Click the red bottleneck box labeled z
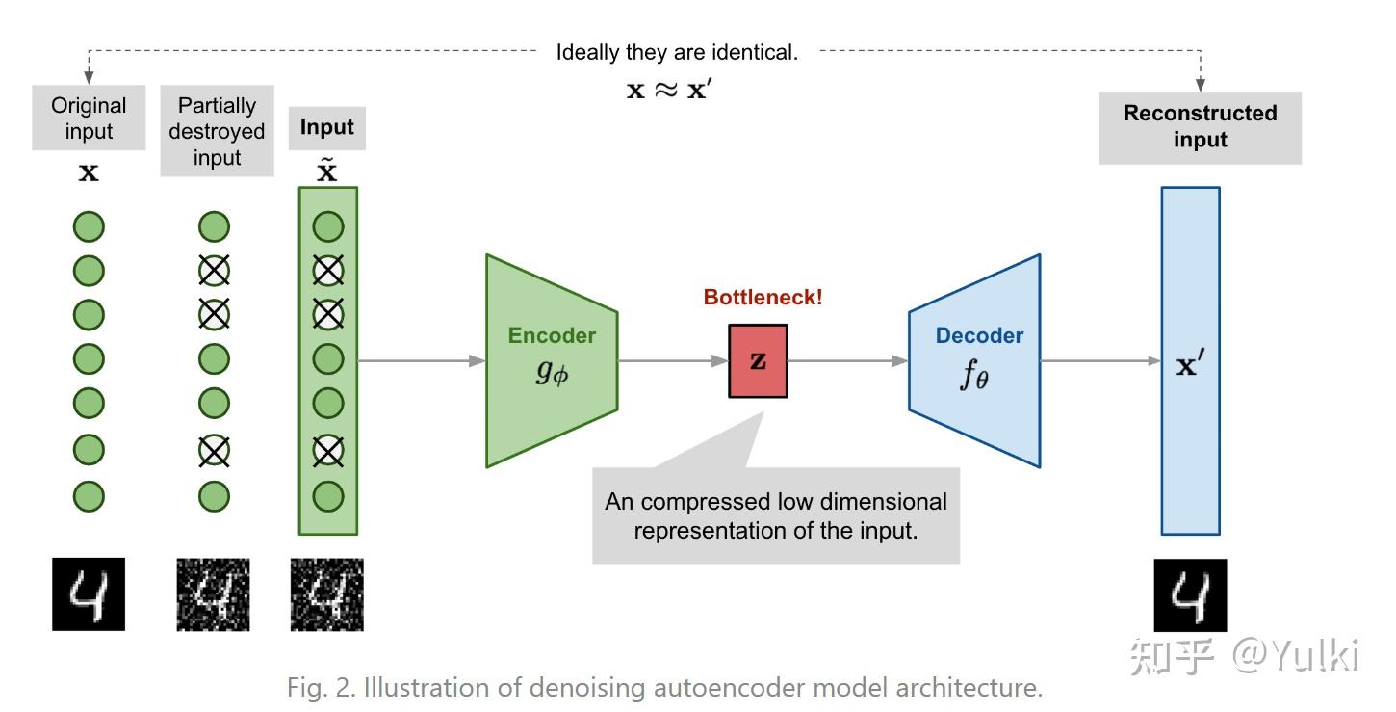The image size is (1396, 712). coord(758,361)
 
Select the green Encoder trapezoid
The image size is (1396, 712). coord(552,361)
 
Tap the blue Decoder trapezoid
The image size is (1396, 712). coord(975,361)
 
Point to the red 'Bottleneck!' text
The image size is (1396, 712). coord(763,297)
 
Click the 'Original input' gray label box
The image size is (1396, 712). coord(89,119)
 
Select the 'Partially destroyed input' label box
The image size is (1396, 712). coord(217,131)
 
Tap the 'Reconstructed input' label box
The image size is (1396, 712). coord(1200,126)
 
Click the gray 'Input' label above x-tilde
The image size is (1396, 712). coord(326,127)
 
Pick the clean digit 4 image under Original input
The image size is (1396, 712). coord(89,594)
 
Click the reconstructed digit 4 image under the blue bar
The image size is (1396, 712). coord(1190,594)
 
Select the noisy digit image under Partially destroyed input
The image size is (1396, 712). coord(213,594)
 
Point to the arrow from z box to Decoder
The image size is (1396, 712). coord(847,361)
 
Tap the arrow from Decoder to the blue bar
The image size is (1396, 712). coord(1100,361)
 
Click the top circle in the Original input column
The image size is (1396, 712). coord(89,228)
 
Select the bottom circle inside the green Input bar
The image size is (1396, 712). coord(328,496)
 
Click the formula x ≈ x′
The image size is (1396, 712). coord(668,91)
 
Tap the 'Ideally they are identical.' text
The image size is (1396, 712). coord(677,52)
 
